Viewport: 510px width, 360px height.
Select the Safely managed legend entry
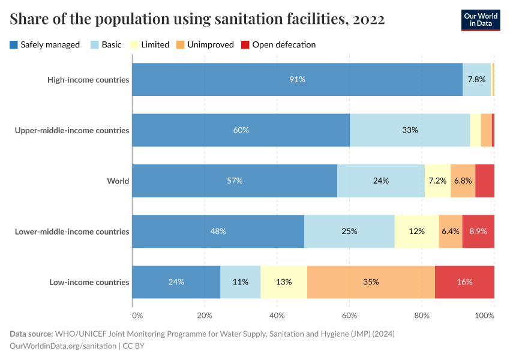pos(44,44)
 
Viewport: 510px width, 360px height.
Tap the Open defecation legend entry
pos(278,44)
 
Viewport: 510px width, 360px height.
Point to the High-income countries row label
pos(88,79)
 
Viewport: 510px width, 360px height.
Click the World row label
pos(118,181)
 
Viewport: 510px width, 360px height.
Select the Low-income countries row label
pos(89,282)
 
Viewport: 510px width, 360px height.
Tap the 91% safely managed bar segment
pos(297,79)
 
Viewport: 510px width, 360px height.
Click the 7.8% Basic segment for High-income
pos(476,79)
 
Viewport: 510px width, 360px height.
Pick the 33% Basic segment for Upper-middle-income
pos(410,130)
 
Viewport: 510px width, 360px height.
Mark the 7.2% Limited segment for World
pos(437,181)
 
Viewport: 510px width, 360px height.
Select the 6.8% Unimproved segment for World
pos(463,181)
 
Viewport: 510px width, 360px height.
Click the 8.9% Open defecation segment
pos(478,232)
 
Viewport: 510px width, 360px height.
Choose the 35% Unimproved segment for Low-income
pos(371,282)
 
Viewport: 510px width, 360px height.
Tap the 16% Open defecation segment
pos(464,282)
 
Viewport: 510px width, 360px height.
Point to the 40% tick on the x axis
pos(277,315)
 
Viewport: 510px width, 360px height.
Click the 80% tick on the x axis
pos(422,315)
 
